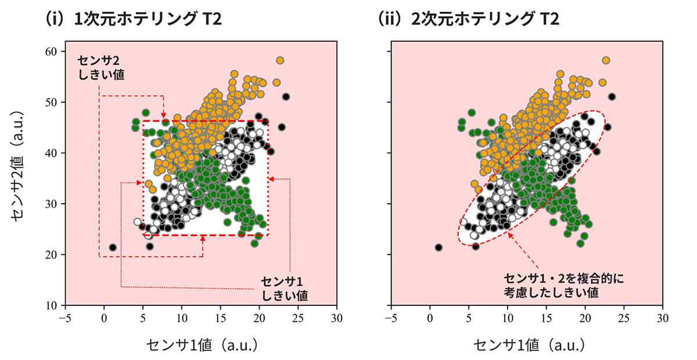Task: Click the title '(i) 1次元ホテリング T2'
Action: (133, 19)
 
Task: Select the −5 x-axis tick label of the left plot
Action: (65, 318)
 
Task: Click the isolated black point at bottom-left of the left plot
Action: (113, 247)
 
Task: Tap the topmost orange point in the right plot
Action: (606, 60)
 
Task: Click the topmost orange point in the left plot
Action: (280, 60)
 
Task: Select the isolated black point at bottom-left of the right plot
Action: (439, 247)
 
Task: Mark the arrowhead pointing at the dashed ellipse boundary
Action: (509, 234)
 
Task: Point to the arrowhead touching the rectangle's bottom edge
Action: (203, 238)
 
